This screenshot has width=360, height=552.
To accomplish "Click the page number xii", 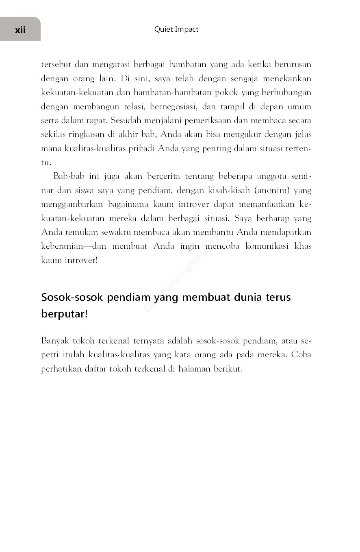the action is point(20,30).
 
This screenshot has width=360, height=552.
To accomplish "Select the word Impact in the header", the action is point(187,29).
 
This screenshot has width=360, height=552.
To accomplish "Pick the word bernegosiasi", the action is point(173,107).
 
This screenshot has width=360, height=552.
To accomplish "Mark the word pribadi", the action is point(141,148).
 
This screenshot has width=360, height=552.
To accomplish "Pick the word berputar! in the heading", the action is point(64,315).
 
